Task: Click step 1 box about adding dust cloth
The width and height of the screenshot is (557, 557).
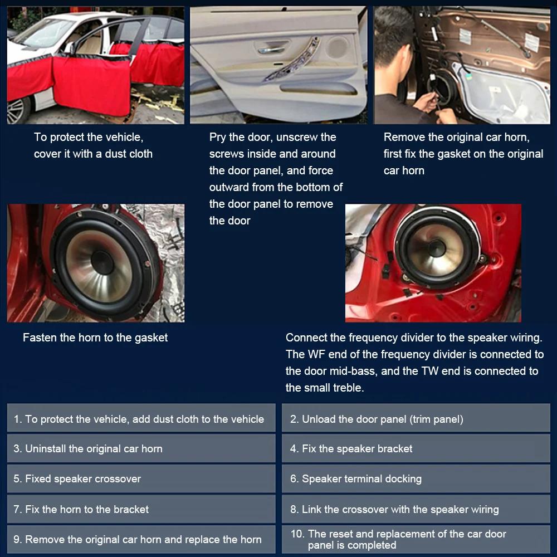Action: click(x=141, y=419)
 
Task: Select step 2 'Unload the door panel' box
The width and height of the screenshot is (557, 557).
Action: click(x=416, y=419)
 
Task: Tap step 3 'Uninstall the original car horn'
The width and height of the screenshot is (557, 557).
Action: click(x=141, y=449)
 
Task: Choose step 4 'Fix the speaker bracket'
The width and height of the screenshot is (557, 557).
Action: click(x=416, y=449)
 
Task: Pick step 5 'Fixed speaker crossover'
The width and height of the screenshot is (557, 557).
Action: click(x=141, y=479)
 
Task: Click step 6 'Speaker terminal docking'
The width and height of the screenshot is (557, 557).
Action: click(x=416, y=479)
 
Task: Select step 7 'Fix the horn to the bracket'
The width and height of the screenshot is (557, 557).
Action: click(x=141, y=509)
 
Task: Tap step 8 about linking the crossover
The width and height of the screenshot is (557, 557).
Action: click(x=416, y=509)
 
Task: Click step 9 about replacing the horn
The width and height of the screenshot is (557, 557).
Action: click(x=141, y=539)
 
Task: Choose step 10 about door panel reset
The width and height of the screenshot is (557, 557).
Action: click(x=416, y=540)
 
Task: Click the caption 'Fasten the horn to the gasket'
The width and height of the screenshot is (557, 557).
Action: click(x=95, y=338)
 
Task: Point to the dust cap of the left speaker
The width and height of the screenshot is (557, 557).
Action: click(x=102, y=262)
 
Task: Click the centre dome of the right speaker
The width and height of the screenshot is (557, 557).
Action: click(x=436, y=248)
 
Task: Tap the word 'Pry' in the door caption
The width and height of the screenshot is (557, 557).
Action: click(x=218, y=137)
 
